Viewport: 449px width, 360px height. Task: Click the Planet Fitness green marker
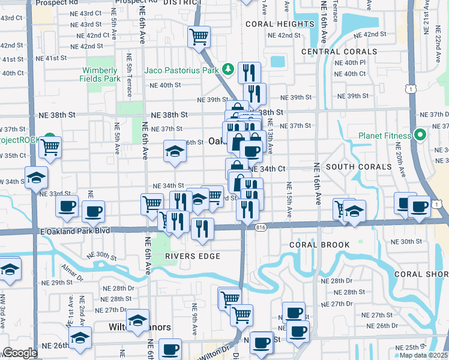[x=420, y=135]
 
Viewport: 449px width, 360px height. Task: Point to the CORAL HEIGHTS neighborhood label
[x=280, y=24]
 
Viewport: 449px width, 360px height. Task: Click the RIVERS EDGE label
[x=193, y=256]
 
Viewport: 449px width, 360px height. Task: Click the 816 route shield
[x=260, y=227]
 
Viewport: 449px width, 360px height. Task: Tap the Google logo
[x=19, y=353]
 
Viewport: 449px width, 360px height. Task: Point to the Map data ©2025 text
[x=423, y=355]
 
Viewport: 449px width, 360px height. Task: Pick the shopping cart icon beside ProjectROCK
[x=50, y=146]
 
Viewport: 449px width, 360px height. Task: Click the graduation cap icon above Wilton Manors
[x=137, y=319]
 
